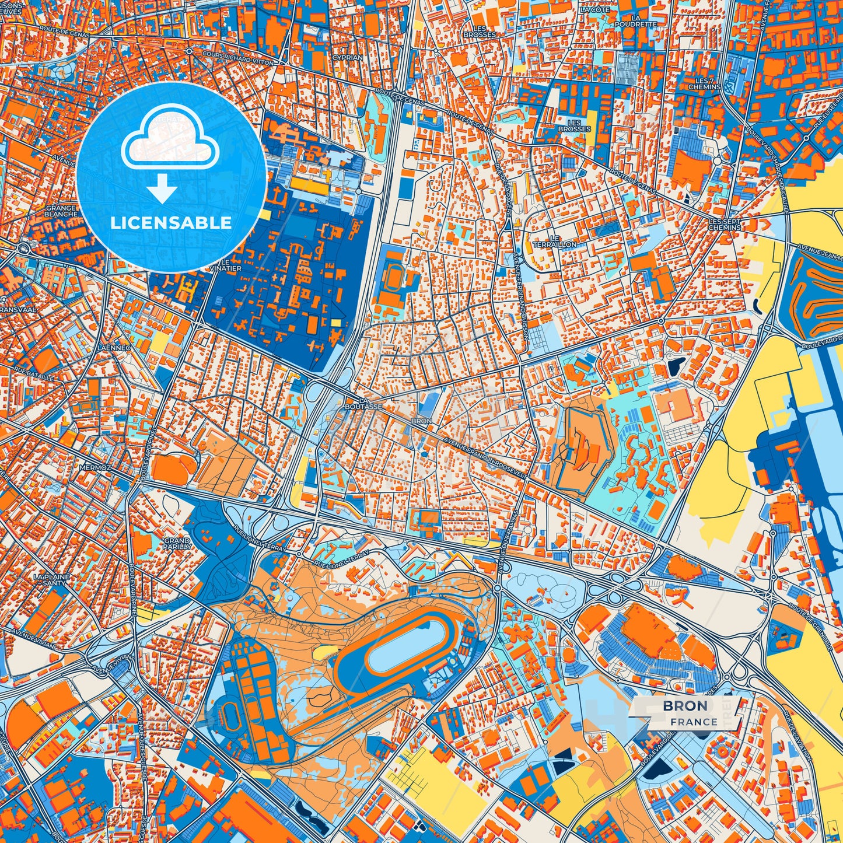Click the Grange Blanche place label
61,211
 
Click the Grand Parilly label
176,544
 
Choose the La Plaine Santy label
52,579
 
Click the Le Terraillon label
554,241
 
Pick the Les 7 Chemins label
704,84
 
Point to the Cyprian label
348,58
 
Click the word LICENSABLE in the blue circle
171,222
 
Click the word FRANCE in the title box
694,722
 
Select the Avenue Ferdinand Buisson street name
521,303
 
